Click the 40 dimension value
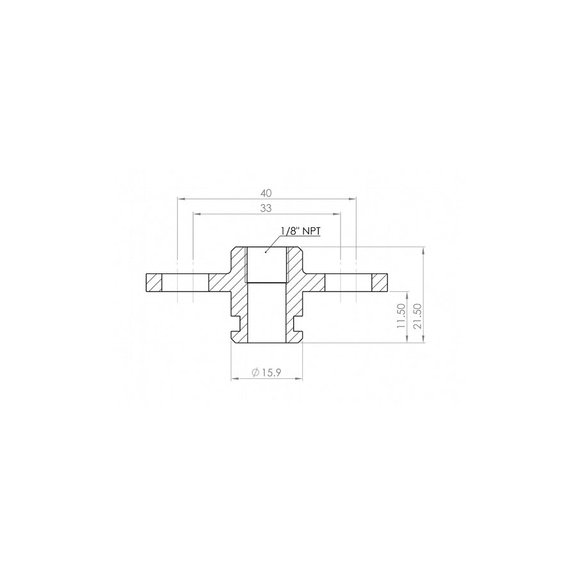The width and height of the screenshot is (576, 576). point(266,191)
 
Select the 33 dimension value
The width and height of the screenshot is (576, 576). point(266,207)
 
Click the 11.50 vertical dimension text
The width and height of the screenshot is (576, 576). point(401,316)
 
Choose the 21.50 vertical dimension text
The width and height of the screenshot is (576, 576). point(418,316)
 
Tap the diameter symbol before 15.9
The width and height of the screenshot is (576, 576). point(255,372)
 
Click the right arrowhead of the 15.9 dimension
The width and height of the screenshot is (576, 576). point(300,379)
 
